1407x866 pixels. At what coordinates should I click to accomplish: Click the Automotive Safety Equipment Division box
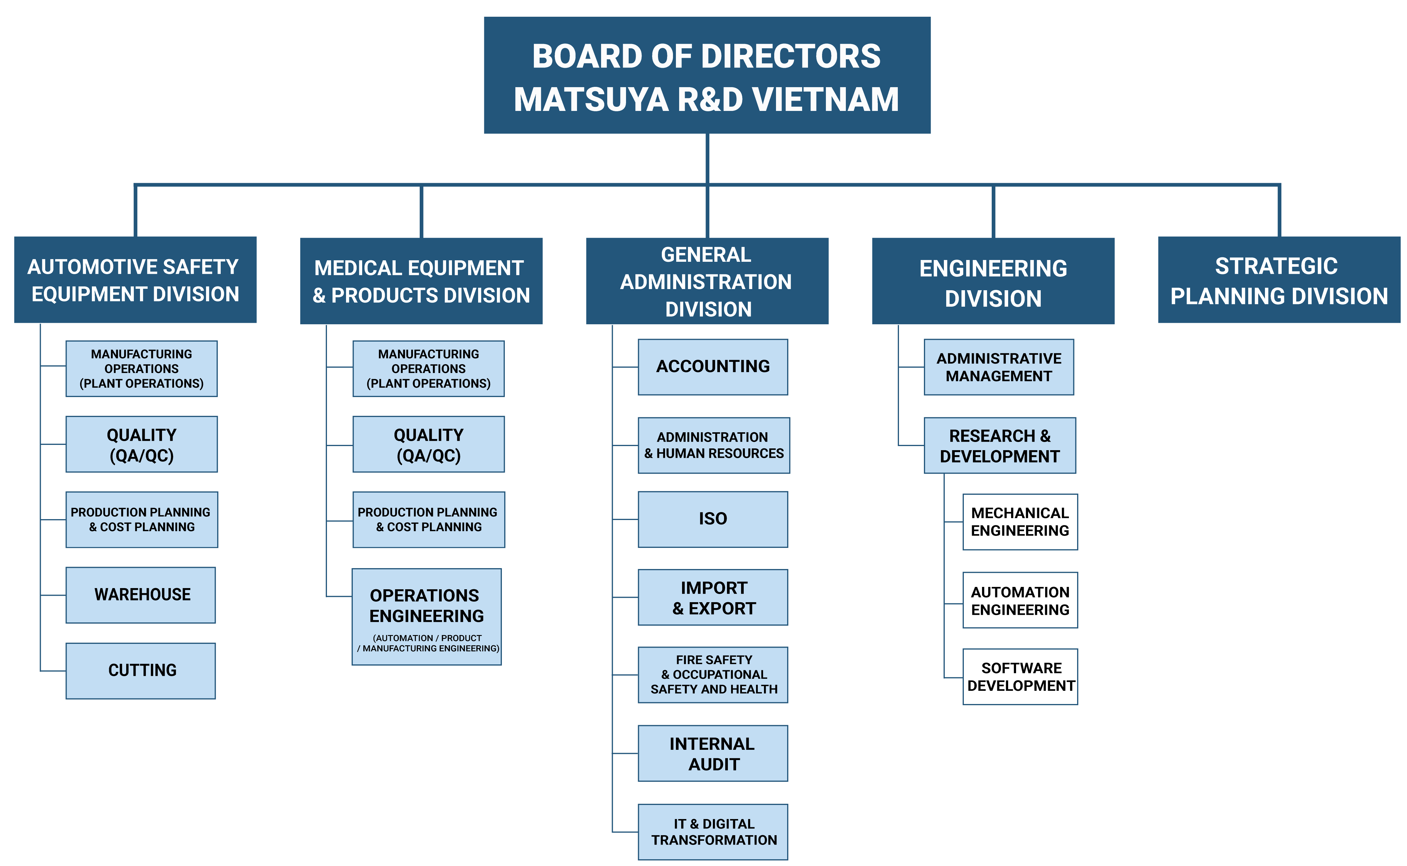[x=135, y=280]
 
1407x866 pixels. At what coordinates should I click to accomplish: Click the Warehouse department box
[x=141, y=595]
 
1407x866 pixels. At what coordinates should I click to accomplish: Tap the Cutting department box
[x=141, y=671]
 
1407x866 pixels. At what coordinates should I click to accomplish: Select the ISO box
[x=713, y=519]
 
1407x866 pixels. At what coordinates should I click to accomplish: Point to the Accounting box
[x=713, y=367]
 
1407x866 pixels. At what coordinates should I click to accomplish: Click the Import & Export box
[x=713, y=597]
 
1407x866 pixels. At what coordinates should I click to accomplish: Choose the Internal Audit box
[x=713, y=754]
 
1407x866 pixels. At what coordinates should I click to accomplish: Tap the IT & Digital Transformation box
[x=713, y=832]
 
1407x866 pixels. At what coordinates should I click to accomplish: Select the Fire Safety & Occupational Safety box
[x=713, y=675]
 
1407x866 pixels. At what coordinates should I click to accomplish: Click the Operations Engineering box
[x=427, y=616]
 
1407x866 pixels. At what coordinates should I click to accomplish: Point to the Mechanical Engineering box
[x=1020, y=522]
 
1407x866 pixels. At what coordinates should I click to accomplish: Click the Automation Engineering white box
[x=1020, y=600]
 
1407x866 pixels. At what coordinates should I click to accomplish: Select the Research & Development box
[x=1000, y=445]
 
